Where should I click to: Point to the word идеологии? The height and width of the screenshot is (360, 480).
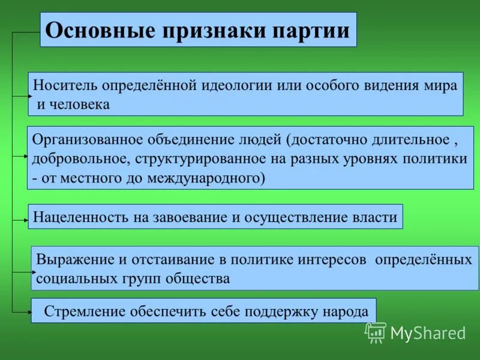point(236,85)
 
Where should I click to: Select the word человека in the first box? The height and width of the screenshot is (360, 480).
point(80,104)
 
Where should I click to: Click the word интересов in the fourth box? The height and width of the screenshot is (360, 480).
point(333,260)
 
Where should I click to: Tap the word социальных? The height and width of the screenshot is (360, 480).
point(73,279)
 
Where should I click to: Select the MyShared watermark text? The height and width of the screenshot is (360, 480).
point(428,333)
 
